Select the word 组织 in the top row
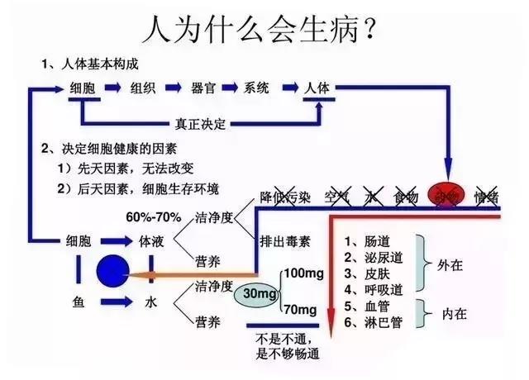coord(143,88)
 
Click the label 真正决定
coord(198,125)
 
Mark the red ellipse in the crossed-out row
coord(446,196)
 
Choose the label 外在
coord(456,265)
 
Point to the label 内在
coord(456,313)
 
